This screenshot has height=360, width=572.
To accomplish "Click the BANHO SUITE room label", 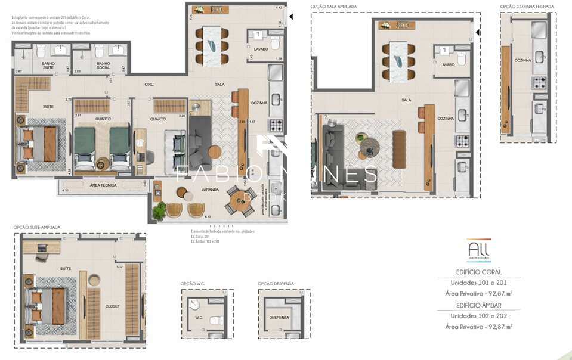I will tap(48, 66).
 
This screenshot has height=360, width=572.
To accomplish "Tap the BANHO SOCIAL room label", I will tap(103, 66).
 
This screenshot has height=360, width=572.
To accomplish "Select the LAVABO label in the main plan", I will tap(260, 49).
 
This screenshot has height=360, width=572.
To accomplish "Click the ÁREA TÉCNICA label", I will tap(103, 185).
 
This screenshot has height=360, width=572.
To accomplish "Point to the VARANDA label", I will tap(209, 190).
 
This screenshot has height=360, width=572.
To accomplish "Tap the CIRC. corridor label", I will tap(150, 85).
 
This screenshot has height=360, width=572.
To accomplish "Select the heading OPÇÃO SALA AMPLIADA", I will tap(333, 7).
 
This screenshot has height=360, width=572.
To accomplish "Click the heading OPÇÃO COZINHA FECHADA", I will tap(527, 7).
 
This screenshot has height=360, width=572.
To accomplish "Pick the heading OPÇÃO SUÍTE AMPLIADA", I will tap(37, 227).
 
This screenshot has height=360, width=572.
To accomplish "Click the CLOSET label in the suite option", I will tap(112, 306).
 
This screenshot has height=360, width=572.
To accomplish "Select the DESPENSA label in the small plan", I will tap(279, 318).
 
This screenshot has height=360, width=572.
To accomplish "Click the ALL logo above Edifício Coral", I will tap(479, 249).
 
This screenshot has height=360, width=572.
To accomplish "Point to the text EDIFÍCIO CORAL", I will tap(478, 272).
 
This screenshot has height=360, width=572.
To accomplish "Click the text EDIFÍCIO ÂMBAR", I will tap(478, 305).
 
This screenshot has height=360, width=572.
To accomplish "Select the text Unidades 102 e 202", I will tap(478, 315).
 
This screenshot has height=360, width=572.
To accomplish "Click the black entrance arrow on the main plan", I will tap(291, 17).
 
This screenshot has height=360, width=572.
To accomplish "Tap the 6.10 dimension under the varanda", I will tap(208, 217).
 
